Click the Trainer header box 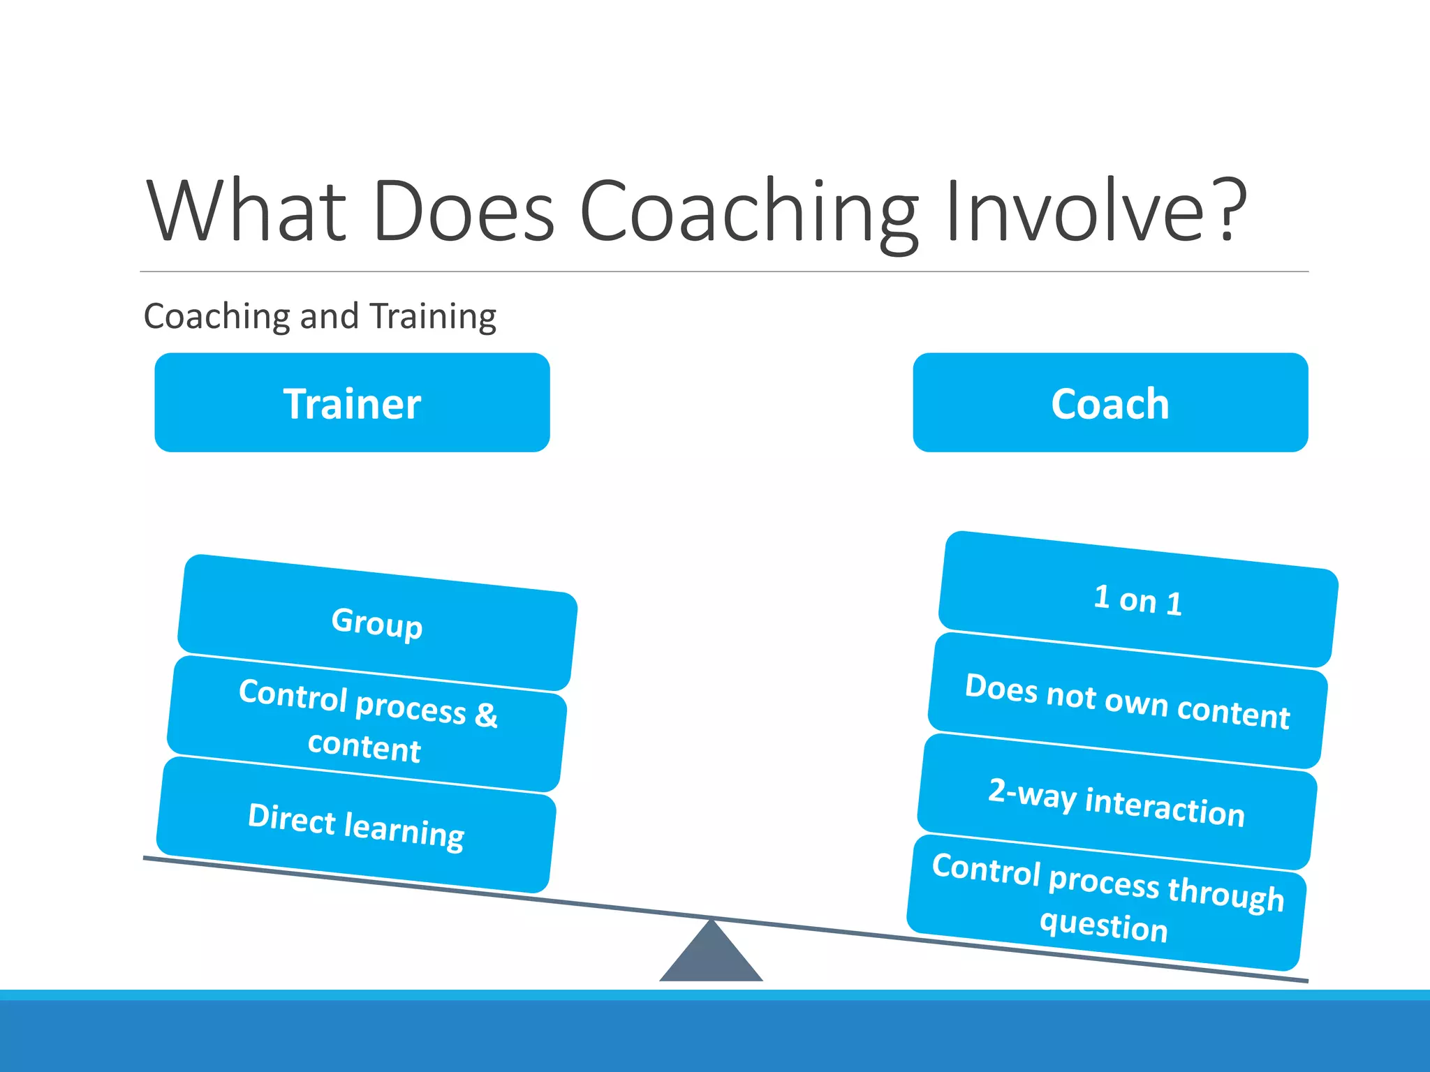352,403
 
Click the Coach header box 1110,403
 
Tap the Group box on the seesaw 377,623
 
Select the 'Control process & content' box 367,723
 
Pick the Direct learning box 356,825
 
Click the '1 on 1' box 1138,600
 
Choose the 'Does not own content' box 1127,701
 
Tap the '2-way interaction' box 1116,802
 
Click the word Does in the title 464,210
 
